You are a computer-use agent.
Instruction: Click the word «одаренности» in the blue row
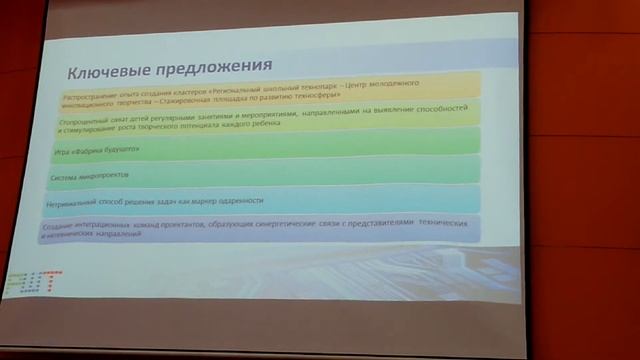(239, 200)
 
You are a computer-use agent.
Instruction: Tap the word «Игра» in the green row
(59, 150)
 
